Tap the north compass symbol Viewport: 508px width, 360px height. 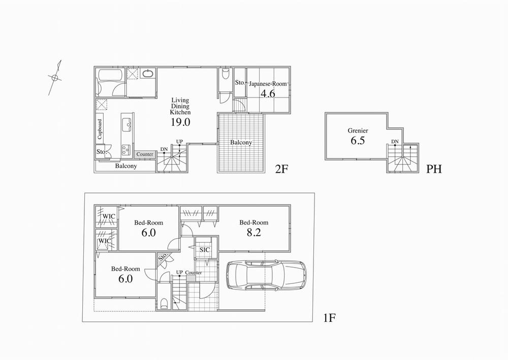55,78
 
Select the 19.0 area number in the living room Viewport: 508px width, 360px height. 180,122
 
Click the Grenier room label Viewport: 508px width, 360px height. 358,130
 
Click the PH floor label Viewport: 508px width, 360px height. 433,168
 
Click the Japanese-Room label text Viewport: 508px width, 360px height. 268,83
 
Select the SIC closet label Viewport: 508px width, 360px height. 205,250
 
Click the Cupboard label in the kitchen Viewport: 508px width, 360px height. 100,129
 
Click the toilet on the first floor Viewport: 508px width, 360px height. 164,304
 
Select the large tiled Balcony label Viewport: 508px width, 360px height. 241,143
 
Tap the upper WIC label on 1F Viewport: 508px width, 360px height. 108,217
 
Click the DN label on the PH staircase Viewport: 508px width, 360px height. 395,142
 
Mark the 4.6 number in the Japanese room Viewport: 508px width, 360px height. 268,93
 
